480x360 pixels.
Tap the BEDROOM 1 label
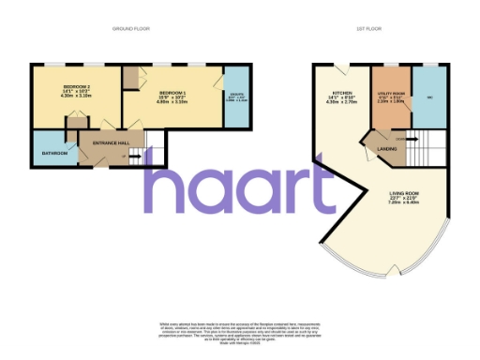(x=170, y=92)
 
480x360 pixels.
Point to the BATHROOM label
(x=53, y=153)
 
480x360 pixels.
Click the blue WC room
(x=428, y=98)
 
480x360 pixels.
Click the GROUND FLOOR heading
(x=130, y=29)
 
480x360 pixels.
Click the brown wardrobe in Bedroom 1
(x=133, y=75)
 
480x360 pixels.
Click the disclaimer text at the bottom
(x=239, y=331)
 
